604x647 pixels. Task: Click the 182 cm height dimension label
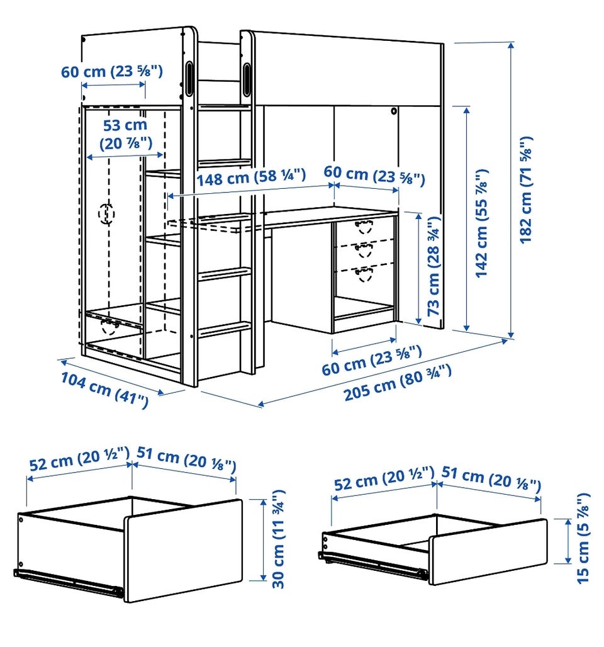pos(526,190)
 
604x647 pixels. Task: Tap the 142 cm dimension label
pos(481,223)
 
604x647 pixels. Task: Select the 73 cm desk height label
pos(433,266)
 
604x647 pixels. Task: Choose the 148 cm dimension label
pos(251,177)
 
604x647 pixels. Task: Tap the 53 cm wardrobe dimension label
pos(125,134)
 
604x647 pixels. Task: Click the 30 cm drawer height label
pos(279,539)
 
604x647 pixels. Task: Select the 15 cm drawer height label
pos(583,538)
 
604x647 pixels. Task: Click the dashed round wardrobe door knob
pos(107,214)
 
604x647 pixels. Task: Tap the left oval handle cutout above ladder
pos(190,79)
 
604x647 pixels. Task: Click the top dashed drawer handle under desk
pos(364,227)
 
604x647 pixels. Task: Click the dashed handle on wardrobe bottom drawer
pos(109,327)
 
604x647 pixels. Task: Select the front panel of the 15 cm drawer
pos(488,552)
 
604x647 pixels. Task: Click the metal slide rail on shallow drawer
pos(373,565)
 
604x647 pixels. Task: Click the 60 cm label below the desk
pos(372,360)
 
